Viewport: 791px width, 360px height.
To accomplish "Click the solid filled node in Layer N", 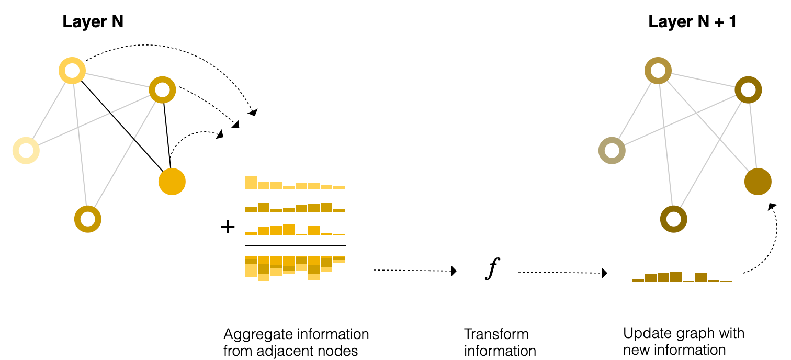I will (x=172, y=182).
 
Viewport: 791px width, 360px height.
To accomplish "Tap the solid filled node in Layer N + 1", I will (x=758, y=182).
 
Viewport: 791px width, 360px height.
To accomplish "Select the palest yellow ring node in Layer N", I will (x=26, y=150).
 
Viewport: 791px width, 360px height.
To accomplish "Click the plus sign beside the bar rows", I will (x=228, y=227).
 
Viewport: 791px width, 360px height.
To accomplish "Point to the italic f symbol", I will (x=491, y=269).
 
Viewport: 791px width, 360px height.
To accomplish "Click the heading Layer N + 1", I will (x=692, y=22).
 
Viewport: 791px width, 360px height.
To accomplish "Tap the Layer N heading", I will (x=93, y=22).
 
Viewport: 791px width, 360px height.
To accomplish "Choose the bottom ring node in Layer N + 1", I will (x=673, y=219).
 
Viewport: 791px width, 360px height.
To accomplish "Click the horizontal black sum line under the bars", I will (x=296, y=245).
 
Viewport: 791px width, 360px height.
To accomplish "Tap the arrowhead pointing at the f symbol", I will (x=454, y=271).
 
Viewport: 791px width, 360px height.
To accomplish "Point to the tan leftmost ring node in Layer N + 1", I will (x=612, y=151).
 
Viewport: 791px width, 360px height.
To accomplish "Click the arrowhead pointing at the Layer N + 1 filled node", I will (x=771, y=207).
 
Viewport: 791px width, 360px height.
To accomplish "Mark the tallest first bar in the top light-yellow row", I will (x=251, y=183).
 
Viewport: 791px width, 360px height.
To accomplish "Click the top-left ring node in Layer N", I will (x=72, y=70).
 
